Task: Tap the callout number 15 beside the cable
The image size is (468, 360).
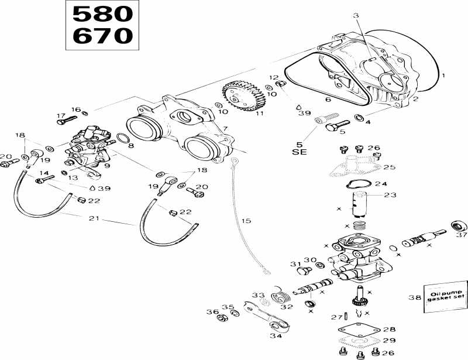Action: pyautogui.click(x=246, y=221)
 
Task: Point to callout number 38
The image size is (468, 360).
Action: pyautogui.click(x=414, y=297)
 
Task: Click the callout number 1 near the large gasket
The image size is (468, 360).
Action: pyautogui.click(x=443, y=76)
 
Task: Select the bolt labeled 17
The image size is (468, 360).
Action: pyautogui.click(x=63, y=121)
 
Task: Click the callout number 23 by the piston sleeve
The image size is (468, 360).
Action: pyautogui.click(x=390, y=195)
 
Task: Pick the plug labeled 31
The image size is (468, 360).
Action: pyautogui.click(x=303, y=270)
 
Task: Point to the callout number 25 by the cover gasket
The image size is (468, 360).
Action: pyautogui.click(x=389, y=167)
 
